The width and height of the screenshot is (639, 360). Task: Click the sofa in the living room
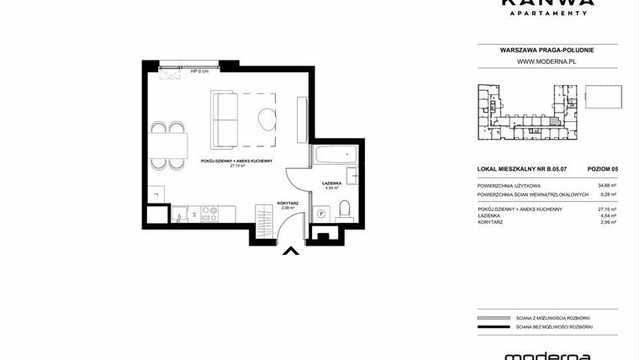(224, 119)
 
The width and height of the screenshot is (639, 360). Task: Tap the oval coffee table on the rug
(267, 119)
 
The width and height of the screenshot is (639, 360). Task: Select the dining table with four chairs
(168, 146)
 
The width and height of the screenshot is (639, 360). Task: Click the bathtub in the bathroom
(335, 156)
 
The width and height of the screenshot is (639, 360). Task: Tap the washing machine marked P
(321, 214)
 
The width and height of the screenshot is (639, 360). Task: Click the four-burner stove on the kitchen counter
(209, 214)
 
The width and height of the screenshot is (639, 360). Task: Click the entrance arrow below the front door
(290, 250)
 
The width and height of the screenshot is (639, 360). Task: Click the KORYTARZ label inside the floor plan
(289, 202)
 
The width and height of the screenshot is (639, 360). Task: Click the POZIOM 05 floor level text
(603, 169)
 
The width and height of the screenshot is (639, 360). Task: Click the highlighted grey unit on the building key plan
(553, 121)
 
